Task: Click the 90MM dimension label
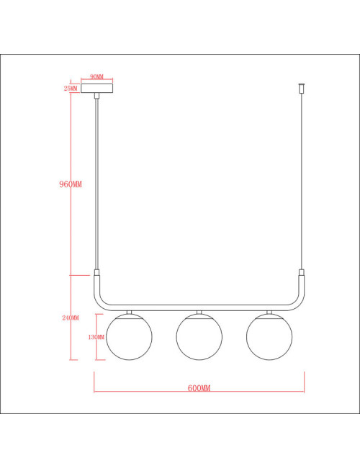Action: click(96, 77)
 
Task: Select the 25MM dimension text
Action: click(71, 89)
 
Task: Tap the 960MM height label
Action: click(71, 184)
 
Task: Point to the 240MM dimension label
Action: click(71, 318)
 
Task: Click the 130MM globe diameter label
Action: click(96, 337)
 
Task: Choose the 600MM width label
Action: click(199, 388)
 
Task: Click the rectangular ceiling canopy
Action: click(97, 89)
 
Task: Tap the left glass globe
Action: click(130, 337)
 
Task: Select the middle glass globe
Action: click(199, 337)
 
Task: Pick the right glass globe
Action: click(269, 337)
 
